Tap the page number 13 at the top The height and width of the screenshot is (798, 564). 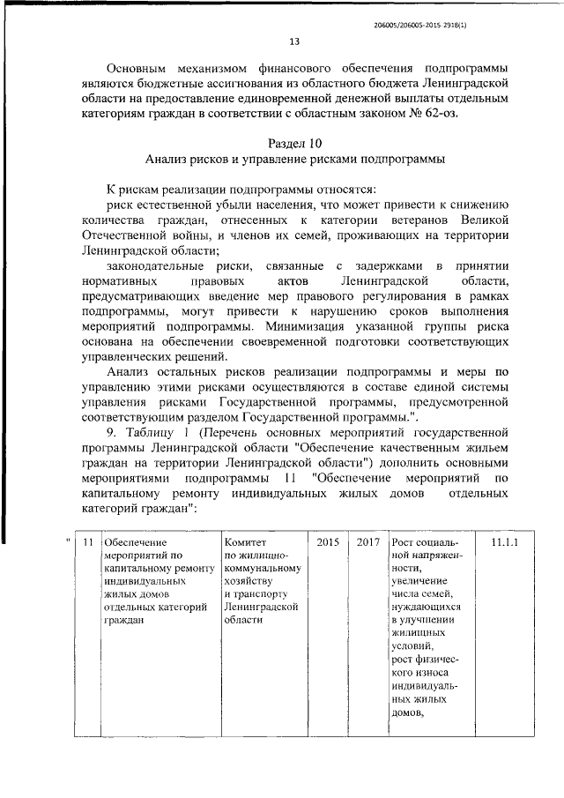coord(294,41)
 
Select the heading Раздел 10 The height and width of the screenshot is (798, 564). coord(294,144)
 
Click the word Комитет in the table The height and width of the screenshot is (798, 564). coord(245,541)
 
